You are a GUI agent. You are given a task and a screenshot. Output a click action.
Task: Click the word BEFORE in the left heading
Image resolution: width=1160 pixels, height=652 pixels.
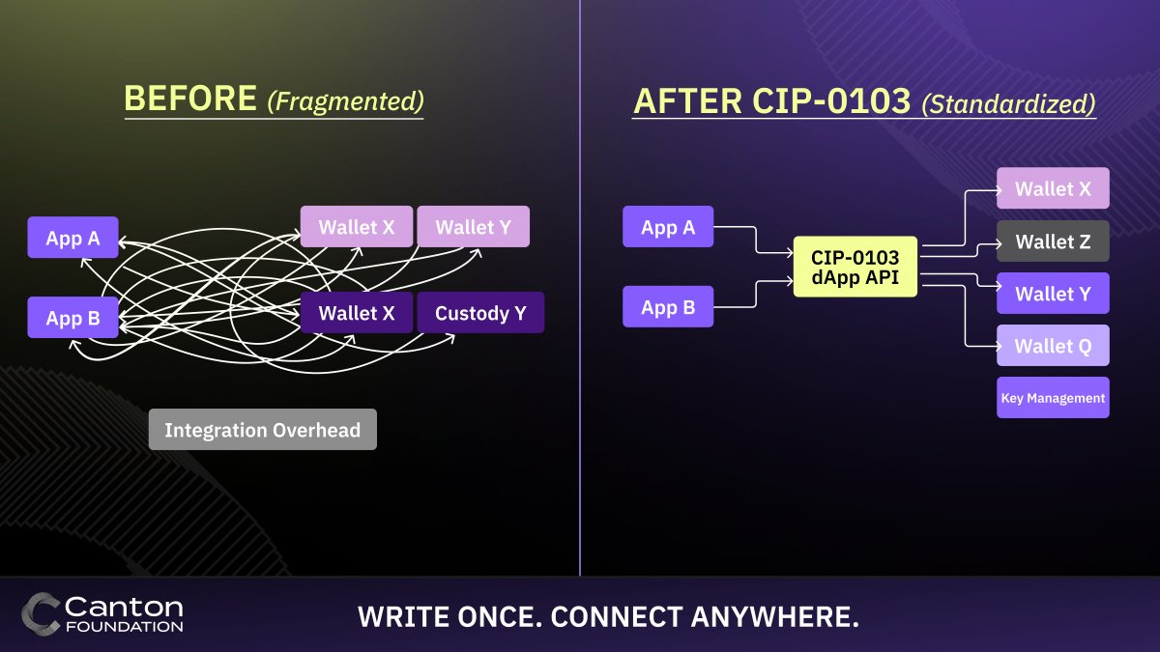coord(190,99)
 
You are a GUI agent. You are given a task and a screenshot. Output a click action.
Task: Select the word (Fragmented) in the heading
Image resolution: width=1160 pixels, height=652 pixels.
coord(345,100)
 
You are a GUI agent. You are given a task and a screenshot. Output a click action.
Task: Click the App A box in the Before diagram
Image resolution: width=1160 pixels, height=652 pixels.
coord(73,238)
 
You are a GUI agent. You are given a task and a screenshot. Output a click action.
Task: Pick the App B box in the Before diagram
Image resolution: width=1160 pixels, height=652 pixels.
coord(73,318)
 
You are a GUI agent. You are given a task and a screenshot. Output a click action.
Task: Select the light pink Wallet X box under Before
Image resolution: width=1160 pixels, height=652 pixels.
coord(357,227)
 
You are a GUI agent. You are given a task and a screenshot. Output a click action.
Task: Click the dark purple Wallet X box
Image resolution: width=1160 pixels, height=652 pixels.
coord(357,313)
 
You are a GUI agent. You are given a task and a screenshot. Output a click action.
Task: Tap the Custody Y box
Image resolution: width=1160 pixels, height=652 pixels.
coord(480,313)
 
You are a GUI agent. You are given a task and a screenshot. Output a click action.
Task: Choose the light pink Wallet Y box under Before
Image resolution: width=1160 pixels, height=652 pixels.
coord(473,227)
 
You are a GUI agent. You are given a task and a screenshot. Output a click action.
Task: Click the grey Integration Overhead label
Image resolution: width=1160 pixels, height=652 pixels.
coord(262,430)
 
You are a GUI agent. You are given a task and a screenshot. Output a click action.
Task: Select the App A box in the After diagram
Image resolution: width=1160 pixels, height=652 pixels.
coord(668,227)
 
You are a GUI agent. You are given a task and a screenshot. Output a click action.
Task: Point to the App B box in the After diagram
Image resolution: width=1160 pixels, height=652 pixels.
coord(668,307)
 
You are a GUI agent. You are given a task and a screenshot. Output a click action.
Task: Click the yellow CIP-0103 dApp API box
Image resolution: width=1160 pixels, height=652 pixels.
coord(855,267)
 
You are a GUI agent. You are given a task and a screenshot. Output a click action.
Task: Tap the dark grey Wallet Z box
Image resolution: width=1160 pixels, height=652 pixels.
coord(1053,241)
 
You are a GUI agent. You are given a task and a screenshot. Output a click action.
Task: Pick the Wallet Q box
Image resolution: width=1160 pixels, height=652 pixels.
coord(1053,346)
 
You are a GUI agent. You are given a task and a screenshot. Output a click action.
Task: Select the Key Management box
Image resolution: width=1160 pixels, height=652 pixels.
coord(1053,398)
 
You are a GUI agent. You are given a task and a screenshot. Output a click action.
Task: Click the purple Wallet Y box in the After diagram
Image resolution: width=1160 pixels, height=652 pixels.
coord(1053,294)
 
